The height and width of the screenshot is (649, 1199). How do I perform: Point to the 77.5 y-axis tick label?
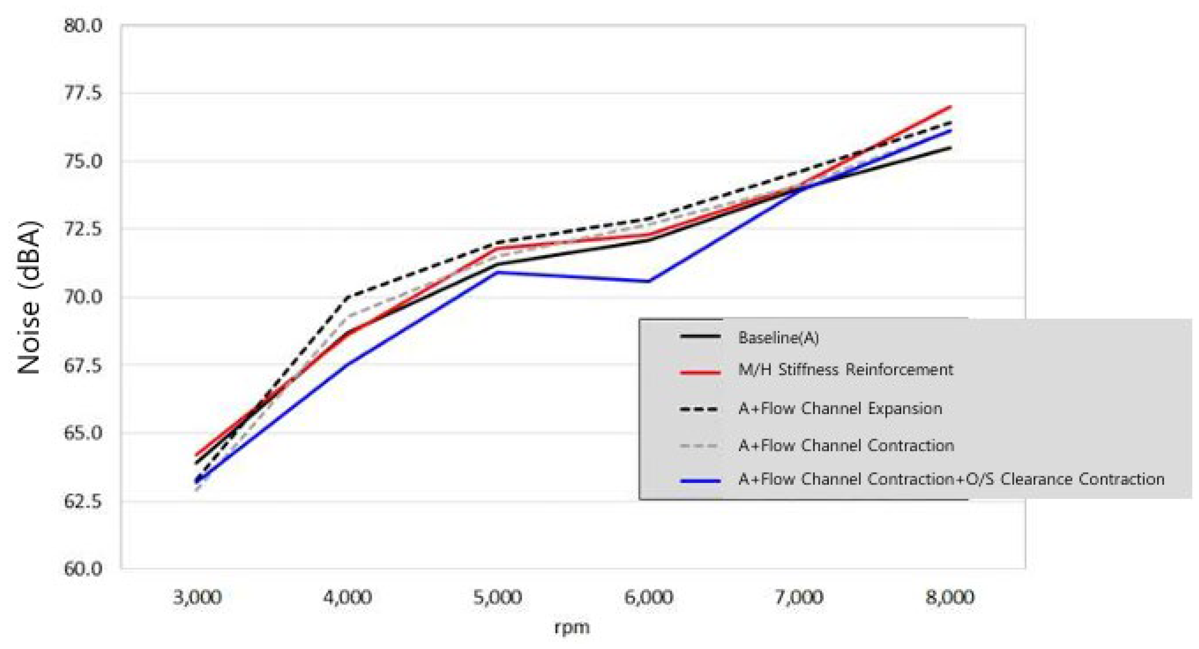tap(83, 93)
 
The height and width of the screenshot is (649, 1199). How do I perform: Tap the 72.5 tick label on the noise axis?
tap(83, 229)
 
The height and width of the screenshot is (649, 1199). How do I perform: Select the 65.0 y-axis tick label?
tap(83, 433)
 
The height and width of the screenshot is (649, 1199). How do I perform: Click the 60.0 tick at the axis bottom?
tap(83, 569)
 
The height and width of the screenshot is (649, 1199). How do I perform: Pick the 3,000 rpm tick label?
tap(197, 597)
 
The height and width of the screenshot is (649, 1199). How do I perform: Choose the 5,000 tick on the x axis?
tap(498, 597)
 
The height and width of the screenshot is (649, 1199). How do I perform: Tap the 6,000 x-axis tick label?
tap(648, 597)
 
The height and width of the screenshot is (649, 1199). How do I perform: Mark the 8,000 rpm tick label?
tap(949, 597)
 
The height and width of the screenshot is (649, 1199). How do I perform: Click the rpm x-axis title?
tap(572, 627)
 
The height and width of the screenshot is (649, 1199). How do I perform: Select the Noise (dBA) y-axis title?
tap(29, 297)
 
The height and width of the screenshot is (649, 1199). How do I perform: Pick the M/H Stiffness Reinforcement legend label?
tap(845, 370)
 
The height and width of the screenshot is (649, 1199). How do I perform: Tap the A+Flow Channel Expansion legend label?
tap(840, 408)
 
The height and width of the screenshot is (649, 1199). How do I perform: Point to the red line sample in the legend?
tap(700, 372)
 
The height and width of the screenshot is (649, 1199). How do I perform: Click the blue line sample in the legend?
tap(700, 480)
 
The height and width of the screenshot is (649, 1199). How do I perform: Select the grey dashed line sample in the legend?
tap(700, 446)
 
